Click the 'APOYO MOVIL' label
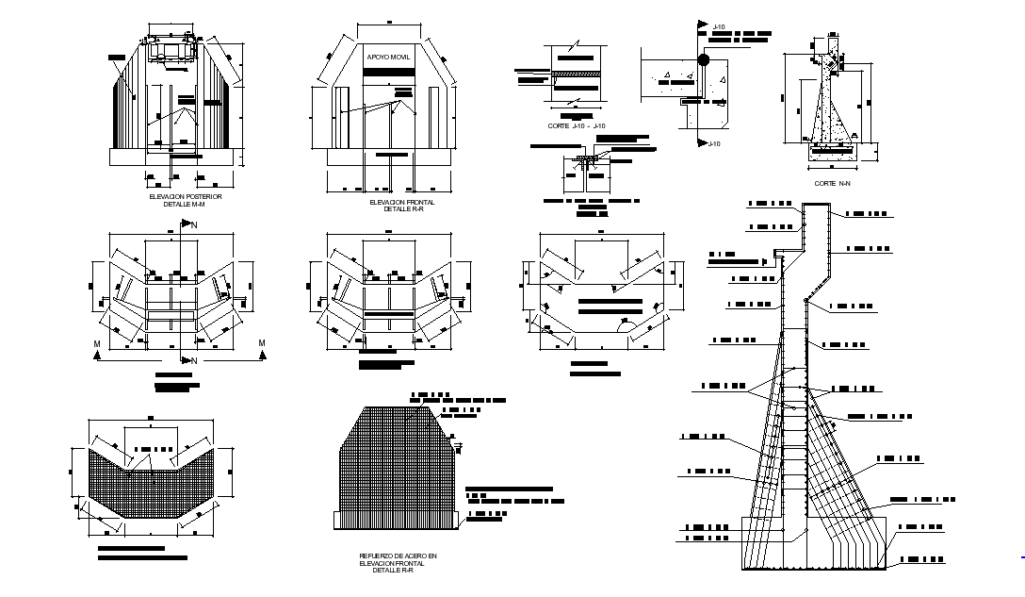click(387, 58)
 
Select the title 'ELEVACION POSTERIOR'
click(185, 197)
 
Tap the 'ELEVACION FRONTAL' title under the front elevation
click(396, 202)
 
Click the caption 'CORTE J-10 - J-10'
click(577, 125)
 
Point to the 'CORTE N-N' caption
click(832, 184)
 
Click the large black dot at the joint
click(704, 61)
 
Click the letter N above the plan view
click(194, 225)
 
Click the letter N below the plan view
click(194, 361)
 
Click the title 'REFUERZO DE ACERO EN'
click(399, 556)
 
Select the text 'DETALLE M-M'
click(184, 204)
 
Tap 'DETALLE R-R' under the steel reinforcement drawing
click(399, 570)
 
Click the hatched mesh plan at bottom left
click(151, 481)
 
